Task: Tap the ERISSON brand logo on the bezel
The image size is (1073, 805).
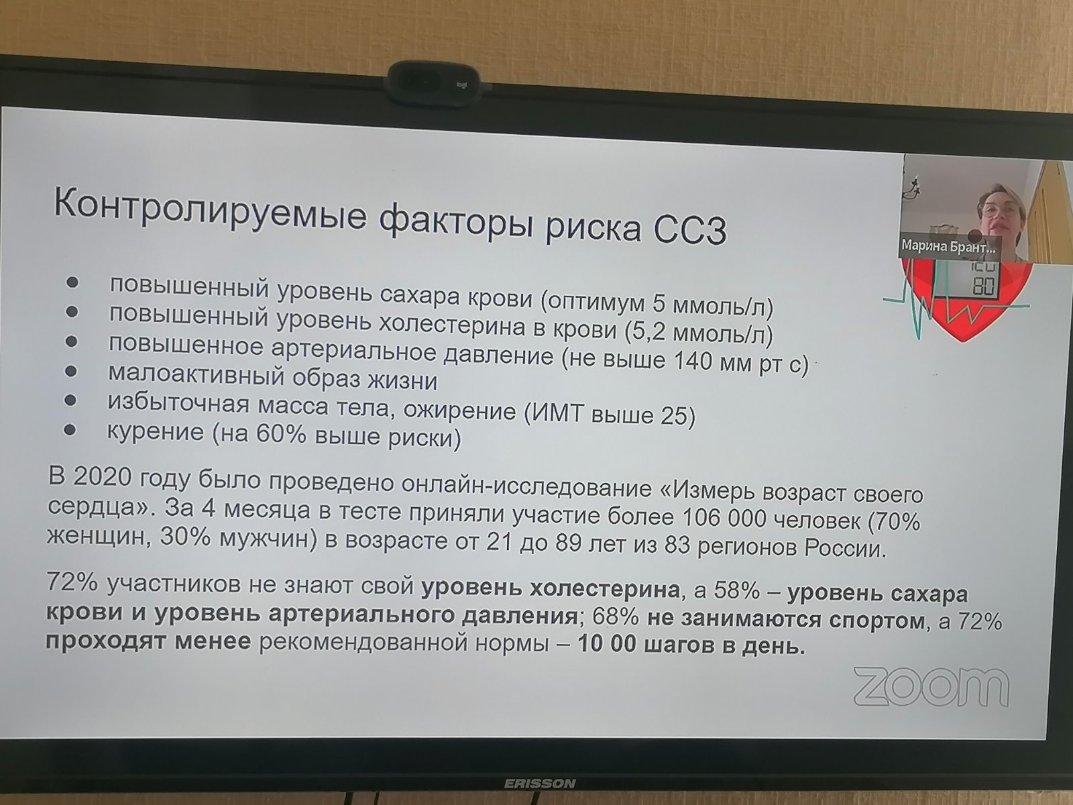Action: tap(540, 784)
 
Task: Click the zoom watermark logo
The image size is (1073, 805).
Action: tap(931, 687)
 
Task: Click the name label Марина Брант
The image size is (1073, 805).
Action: tap(948, 246)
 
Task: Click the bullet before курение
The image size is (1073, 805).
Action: tap(70, 429)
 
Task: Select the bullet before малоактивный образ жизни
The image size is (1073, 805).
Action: tap(71, 371)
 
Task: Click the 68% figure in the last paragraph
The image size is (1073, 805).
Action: tap(616, 617)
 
